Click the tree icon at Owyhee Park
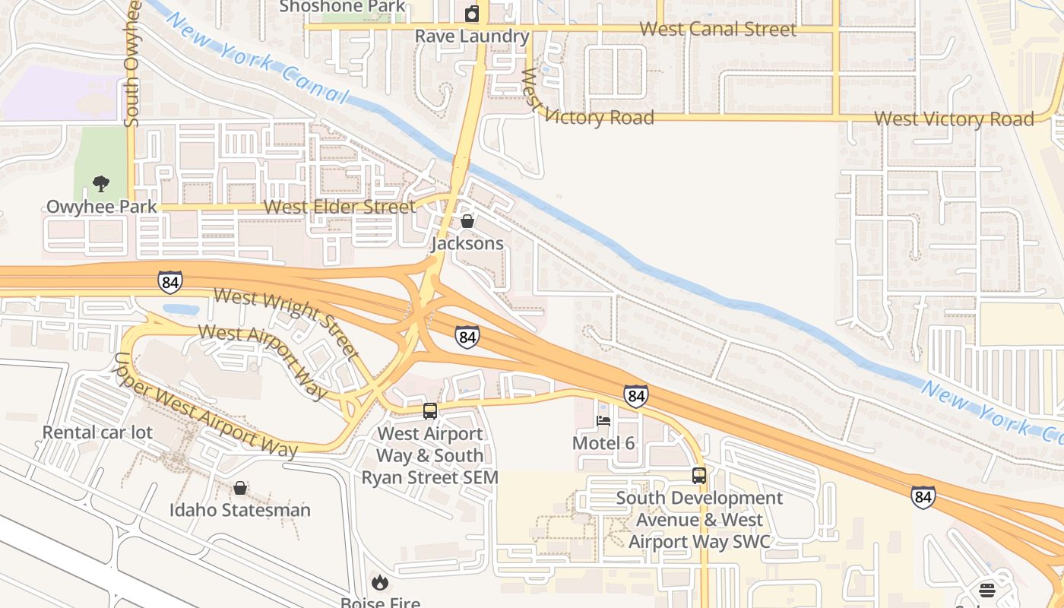100,183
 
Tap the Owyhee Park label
102,206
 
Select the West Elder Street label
339,207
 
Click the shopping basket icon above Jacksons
467,221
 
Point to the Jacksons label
467,243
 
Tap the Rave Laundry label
471,36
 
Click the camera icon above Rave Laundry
472,14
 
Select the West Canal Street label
717,30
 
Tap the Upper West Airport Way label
204,407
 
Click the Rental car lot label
97,432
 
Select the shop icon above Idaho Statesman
240,488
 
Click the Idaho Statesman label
240,510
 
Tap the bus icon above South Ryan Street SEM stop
430,411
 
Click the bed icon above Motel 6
603,420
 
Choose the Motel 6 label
603,443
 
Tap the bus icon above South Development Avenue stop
699,476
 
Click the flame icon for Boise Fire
380,582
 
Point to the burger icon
986,590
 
